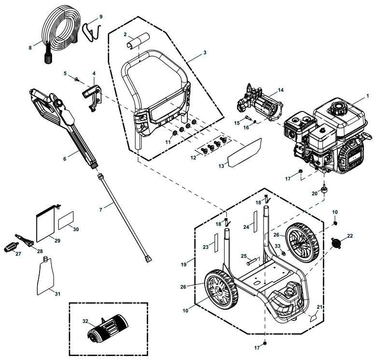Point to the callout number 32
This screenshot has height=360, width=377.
85,321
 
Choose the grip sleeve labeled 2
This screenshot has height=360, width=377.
132,41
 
